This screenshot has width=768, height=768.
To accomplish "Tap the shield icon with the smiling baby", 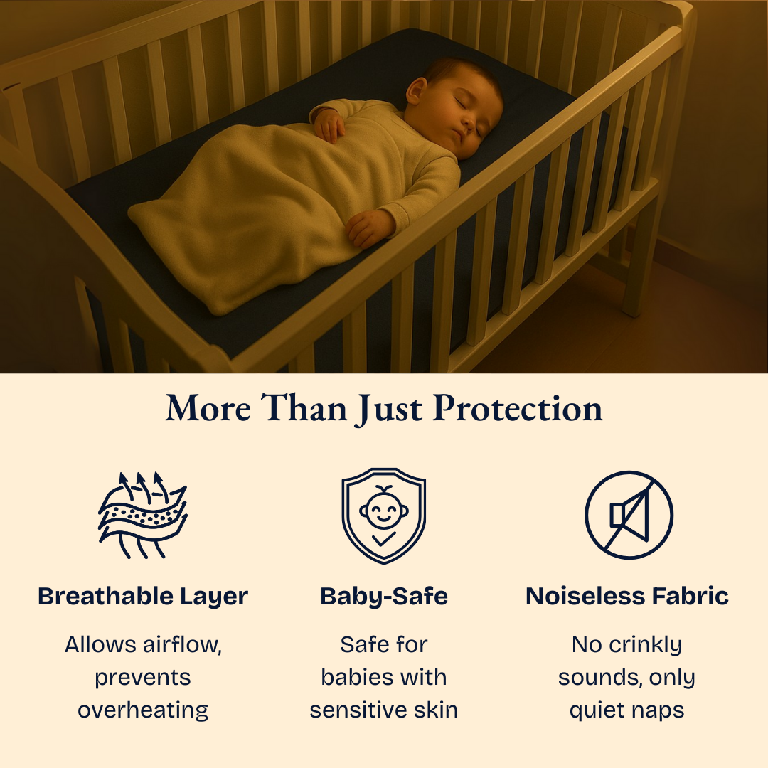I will coord(383,515).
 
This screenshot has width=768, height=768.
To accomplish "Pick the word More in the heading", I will coord(208,409).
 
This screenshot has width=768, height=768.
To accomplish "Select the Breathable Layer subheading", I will coord(143,596).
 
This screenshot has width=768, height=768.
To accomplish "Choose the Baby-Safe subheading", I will coord(384,596).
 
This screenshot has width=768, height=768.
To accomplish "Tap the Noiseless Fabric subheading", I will coord(627,596).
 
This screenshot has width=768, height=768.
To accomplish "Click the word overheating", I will coord(143,710).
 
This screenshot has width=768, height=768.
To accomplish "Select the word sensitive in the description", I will coord(357,710).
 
